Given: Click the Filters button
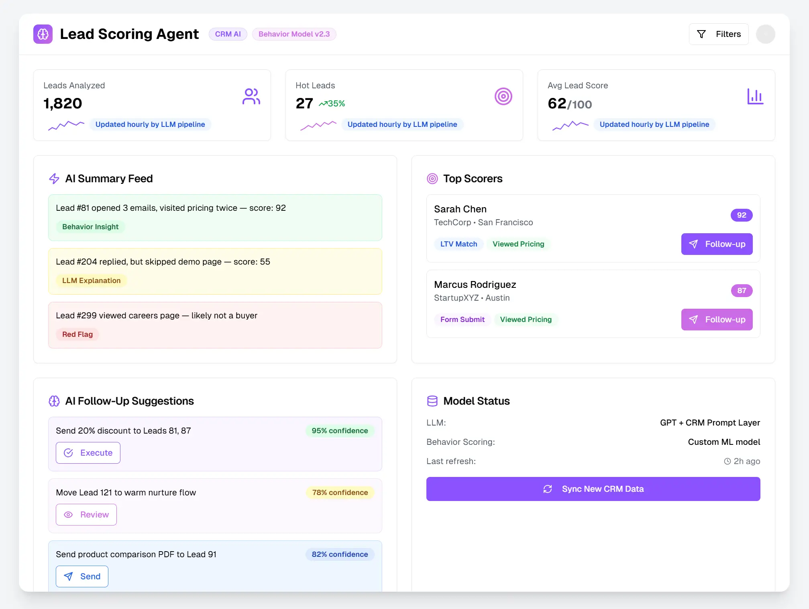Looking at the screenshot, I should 718,34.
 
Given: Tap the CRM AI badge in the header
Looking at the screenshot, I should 228,34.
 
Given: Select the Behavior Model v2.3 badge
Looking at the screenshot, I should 294,34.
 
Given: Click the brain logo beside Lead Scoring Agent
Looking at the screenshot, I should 43,34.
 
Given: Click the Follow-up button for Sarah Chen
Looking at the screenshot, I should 717,244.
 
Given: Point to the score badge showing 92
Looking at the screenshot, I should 741,215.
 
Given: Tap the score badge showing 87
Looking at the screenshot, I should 741,291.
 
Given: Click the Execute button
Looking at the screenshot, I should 88,453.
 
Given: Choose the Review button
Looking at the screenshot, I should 86,515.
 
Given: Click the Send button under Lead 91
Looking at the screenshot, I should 82,576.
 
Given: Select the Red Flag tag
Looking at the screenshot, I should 77,334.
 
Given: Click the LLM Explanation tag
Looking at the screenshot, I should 91,281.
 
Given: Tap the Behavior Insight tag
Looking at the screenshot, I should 90,227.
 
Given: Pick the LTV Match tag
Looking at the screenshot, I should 459,244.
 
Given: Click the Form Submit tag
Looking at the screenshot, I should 462,320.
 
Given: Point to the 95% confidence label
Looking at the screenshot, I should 340,431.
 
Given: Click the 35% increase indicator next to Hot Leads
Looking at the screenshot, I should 332,104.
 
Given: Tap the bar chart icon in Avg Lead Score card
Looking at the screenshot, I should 755,96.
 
